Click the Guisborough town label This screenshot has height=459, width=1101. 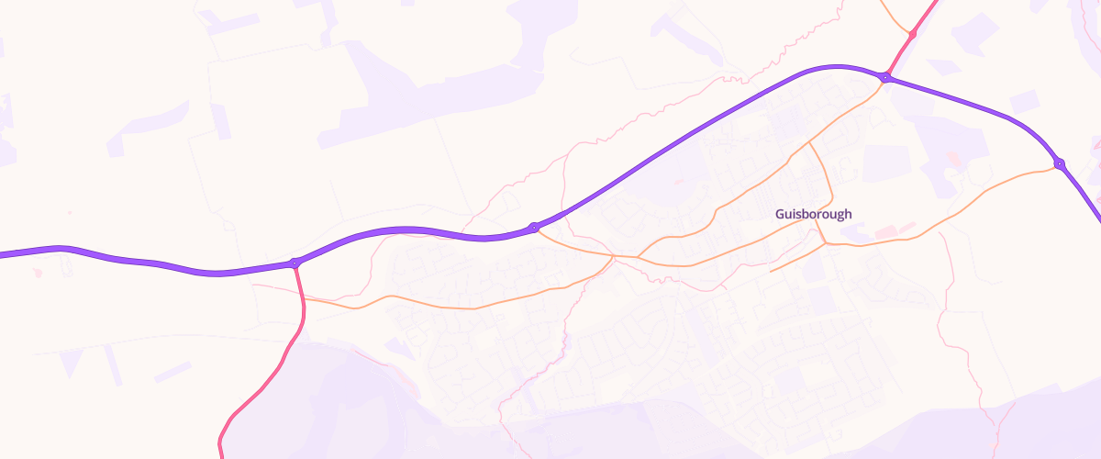click(813, 214)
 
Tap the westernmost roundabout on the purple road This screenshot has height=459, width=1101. click(295, 263)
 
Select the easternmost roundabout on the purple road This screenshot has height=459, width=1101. click(1060, 164)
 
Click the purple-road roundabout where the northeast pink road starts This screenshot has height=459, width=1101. click(885, 77)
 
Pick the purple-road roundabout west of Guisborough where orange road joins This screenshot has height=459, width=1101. click(534, 227)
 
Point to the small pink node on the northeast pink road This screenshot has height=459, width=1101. click(912, 34)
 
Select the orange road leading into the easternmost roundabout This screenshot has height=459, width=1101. click(1009, 179)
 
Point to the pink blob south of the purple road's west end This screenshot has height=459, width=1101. click(37, 273)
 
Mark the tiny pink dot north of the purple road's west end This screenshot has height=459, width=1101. click(69, 213)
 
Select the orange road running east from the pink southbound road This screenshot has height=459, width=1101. click(413, 301)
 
